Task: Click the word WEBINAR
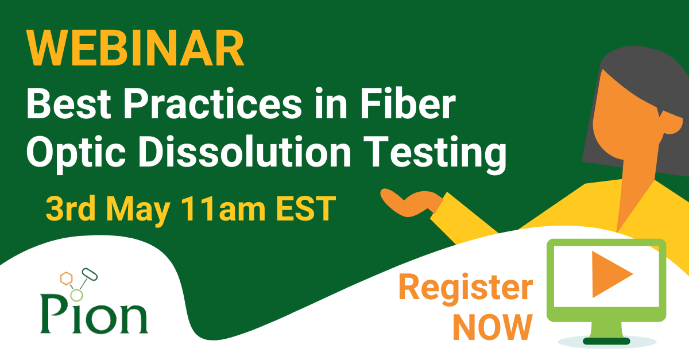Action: (x=136, y=48)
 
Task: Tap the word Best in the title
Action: (x=68, y=104)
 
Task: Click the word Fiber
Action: (x=408, y=103)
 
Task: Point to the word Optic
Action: (x=76, y=153)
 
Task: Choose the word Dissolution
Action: (x=245, y=152)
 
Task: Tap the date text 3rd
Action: (x=71, y=208)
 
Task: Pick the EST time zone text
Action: (x=305, y=208)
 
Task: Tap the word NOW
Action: (x=493, y=327)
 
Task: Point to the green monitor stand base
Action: (x=606, y=340)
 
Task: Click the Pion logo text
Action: (x=94, y=315)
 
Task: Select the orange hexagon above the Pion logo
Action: (x=66, y=278)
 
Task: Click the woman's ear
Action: (x=671, y=122)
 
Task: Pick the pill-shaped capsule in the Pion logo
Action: (x=90, y=274)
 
